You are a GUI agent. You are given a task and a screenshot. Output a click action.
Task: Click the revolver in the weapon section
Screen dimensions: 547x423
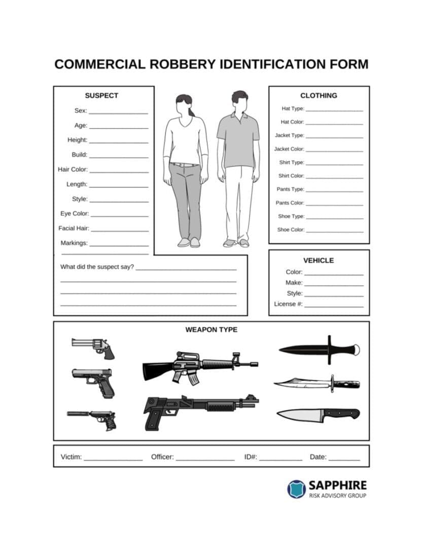point(94,347)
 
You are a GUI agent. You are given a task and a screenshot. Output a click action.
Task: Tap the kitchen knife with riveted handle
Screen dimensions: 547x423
point(318,414)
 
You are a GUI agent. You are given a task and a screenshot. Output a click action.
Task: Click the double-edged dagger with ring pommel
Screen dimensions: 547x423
point(319,349)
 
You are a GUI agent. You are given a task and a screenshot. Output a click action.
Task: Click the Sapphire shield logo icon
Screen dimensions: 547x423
point(296,489)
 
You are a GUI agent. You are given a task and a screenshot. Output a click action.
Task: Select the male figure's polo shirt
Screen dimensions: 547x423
point(238,139)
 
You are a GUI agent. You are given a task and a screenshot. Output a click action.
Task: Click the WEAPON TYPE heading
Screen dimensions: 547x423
point(211,330)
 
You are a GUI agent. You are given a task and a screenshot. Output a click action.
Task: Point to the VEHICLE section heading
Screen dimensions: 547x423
point(319,260)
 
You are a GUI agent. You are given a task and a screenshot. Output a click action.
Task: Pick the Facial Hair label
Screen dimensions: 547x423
point(74,228)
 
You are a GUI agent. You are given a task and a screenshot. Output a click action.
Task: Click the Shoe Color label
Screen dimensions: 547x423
point(291,230)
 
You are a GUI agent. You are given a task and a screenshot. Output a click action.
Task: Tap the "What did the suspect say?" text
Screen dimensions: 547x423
point(97,267)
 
